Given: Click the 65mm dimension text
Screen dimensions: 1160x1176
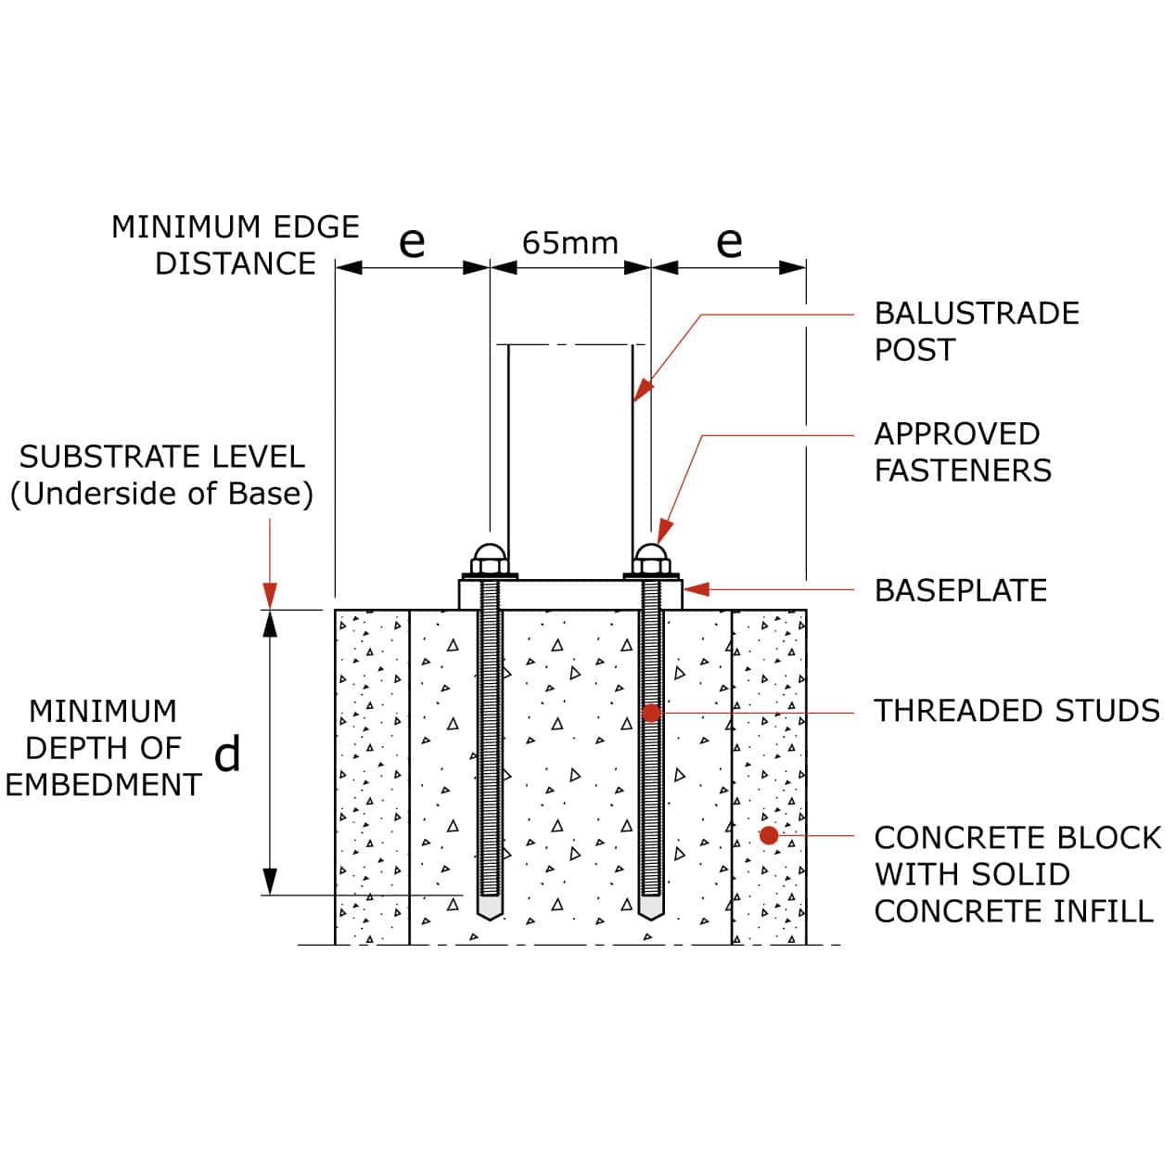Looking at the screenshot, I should click(569, 243).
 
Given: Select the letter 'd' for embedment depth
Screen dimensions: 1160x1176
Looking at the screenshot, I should click(227, 754).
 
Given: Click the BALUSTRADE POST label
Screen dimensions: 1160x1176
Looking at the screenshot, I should click(976, 331).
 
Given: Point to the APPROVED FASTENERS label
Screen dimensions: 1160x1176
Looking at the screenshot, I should click(962, 452).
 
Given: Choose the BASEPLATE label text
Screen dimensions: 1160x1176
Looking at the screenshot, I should click(960, 590).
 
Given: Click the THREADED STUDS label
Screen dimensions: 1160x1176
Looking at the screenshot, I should click(1016, 711).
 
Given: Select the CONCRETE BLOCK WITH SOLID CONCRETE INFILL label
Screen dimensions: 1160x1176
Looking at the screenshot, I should click(1016, 874).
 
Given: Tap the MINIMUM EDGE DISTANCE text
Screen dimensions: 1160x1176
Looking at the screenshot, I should click(236, 245).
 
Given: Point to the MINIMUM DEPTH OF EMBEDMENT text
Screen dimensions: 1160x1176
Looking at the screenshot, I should click(103, 748).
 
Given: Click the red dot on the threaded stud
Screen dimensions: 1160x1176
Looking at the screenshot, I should click(651, 713).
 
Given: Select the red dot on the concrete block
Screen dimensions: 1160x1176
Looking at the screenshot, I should click(769, 835).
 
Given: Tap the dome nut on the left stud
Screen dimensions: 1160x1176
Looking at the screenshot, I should click(489, 560).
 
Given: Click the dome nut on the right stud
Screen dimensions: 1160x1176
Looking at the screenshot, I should click(651, 560).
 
